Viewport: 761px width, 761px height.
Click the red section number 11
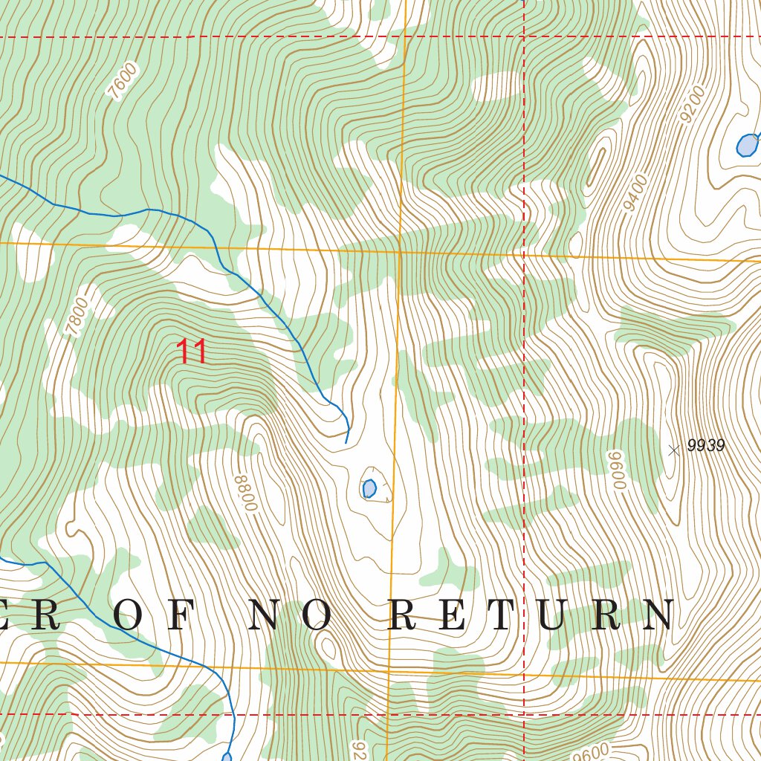pos(192,352)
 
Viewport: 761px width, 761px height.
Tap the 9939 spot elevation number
pos(705,446)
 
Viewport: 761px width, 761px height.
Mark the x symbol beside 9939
pos(674,450)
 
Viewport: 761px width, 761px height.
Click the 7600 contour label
pos(122,82)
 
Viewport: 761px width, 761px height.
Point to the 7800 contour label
pos(76,317)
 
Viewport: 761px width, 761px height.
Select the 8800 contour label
pos(244,493)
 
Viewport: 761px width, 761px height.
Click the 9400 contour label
pos(636,192)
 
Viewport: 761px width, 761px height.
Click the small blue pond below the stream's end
pos(369,488)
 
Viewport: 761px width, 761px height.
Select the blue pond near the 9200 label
pos(746,145)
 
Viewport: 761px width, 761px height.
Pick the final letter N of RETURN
pos(658,616)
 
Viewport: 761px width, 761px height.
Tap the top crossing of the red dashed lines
pos(525,36)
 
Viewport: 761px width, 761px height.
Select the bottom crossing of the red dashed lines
pos(525,715)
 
